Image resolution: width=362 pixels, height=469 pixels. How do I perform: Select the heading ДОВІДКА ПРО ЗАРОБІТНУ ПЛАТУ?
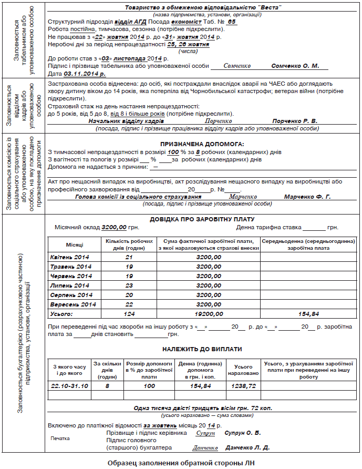click(x=202, y=219)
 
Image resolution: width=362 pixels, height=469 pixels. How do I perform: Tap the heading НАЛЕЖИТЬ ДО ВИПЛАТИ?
click(x=202, y=349)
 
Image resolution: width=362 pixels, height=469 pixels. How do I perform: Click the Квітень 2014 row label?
click(x=69, y=257)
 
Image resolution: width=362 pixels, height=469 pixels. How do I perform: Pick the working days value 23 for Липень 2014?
click(x=129, y=286)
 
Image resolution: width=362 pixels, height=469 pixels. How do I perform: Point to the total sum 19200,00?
click(x=208, y=314)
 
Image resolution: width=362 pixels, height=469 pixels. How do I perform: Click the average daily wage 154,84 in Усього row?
click(x=308, y=314)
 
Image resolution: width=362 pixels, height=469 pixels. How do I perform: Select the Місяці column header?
click(x=74, y=245)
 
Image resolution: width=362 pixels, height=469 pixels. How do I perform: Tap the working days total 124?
click(x=129, y=314)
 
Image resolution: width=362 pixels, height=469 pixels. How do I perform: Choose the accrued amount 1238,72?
click(x=243, y=385)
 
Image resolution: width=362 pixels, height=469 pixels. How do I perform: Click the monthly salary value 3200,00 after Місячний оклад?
click(x=114, y=228)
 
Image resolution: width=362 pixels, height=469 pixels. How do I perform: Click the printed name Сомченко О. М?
click(x=295, y=66)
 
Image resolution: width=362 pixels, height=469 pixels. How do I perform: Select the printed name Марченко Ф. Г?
click(x=307, y=197)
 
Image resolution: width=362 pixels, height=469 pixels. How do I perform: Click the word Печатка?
click(x=60, y=438)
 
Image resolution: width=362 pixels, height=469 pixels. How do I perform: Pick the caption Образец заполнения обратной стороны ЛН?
click(x=181, y=463)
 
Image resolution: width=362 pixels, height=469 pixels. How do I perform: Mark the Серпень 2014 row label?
click(x=70, y=295)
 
